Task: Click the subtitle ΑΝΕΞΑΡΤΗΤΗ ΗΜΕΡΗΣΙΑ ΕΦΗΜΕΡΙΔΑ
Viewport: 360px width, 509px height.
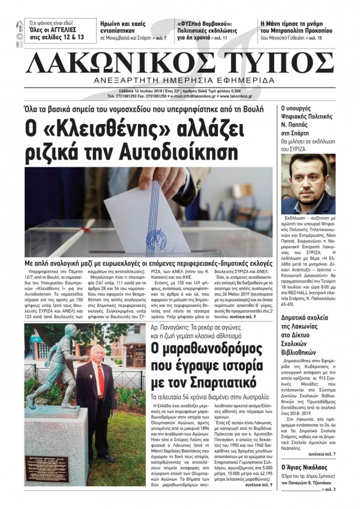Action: click(198, 82)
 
